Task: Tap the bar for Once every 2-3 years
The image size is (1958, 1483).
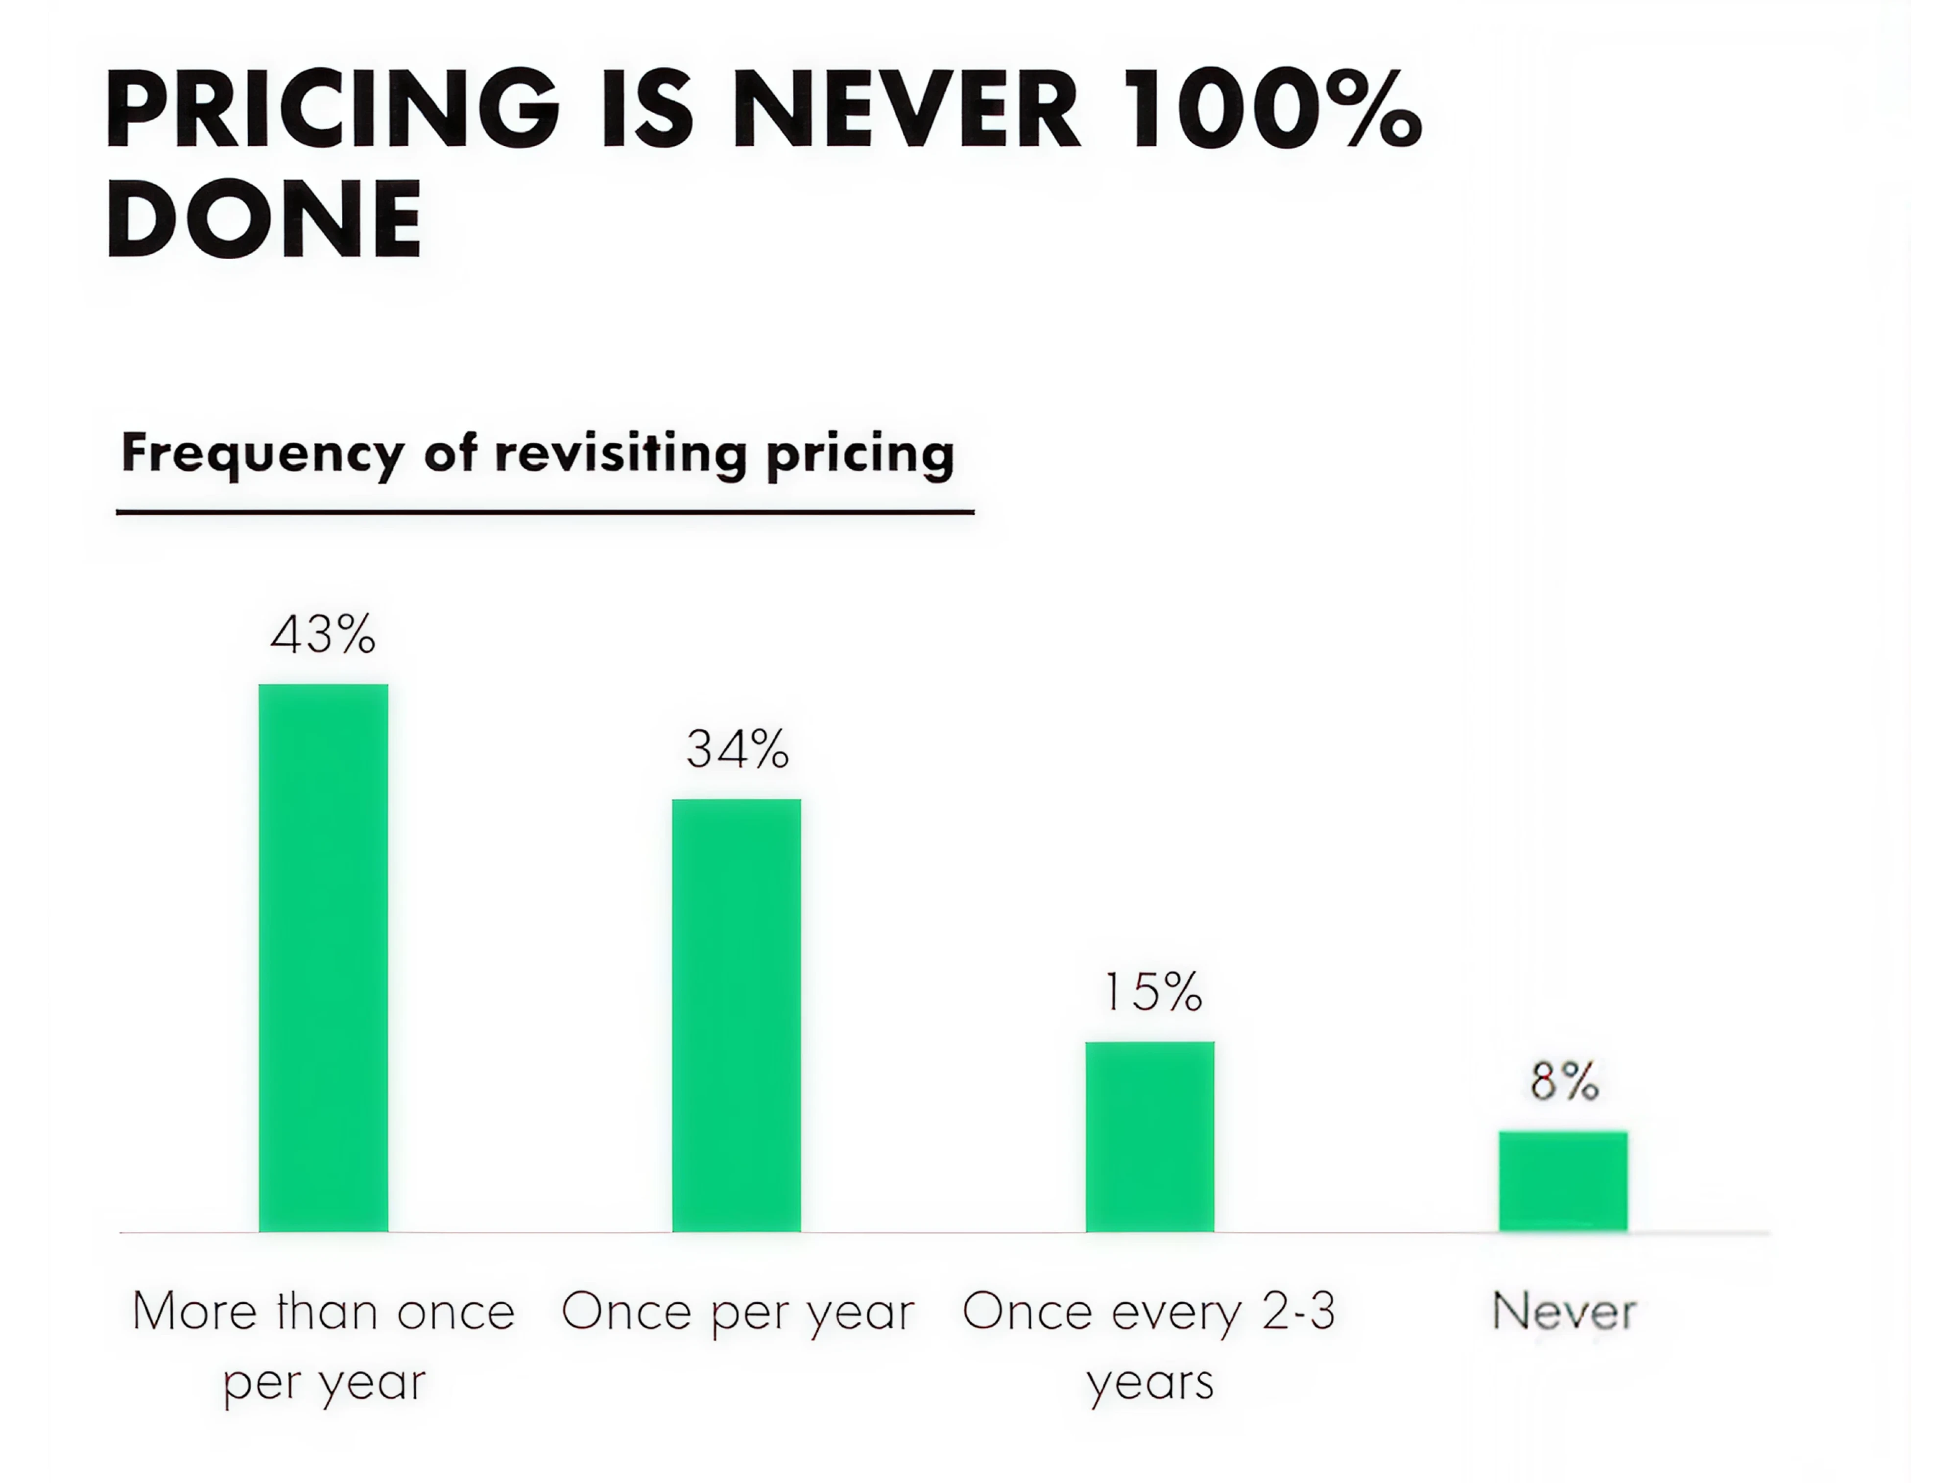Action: [1150, 1136]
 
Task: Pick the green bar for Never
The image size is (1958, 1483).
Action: [1562, 1181]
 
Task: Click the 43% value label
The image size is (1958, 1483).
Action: [323, 635]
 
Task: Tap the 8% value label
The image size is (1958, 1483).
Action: [1564, 1081]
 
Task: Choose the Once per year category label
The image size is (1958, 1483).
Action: [738, 1311]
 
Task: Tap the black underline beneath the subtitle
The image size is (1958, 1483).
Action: [545, 512]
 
